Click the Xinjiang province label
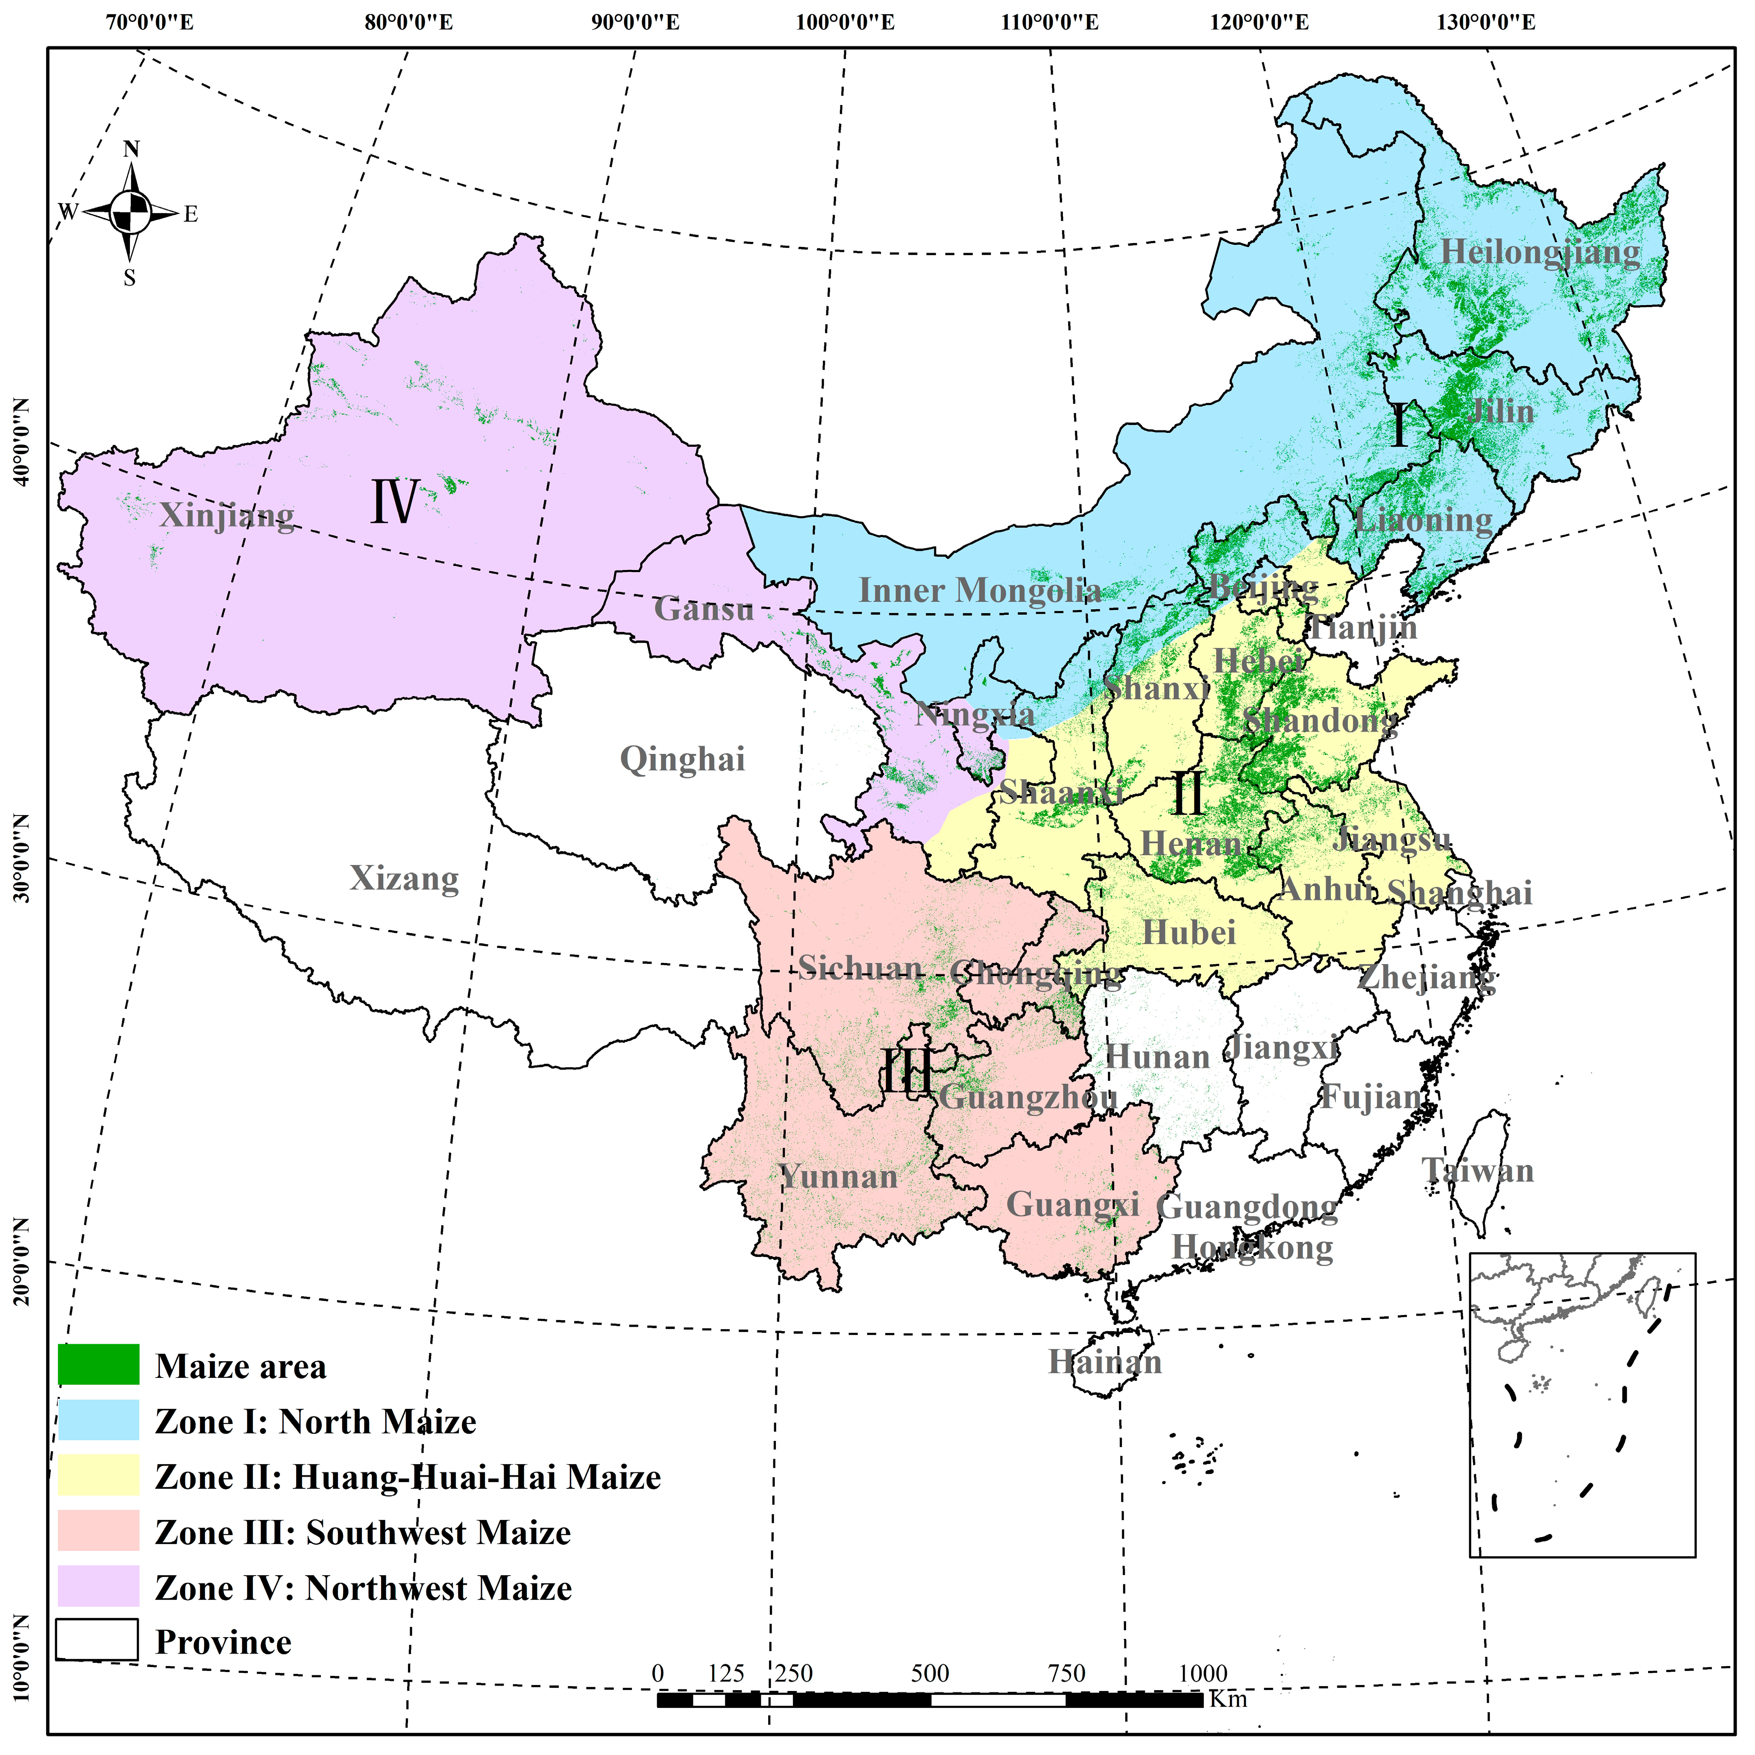(x=227, y=516)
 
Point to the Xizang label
(x=404, y=878)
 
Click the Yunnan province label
(x=839, y=1177)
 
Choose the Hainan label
(x=1105, y=1362)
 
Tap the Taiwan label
(x=1478, y=1170)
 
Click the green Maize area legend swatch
(x=98, y=1365)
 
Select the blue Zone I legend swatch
(x=98, y=1420)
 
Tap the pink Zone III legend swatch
(x=98, y=1531)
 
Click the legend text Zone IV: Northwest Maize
(x=364, y=1588)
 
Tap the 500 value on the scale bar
(x=930, y=1673)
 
